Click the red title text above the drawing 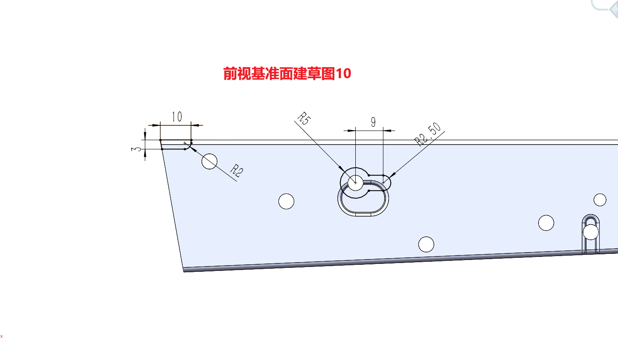pyautogui.click(x=287, y=73)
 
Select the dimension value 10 pyautogui.click(x=177, y=117)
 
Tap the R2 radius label pyautogui.click(x=237, y=171)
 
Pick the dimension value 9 pyautogui.click(x=373, y=122)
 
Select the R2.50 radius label pyautogui.click(x=428, y=134)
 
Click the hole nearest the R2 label pyautogui.click(x=209, y=161)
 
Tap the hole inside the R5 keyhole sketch pyautogui.click(x=355, y=183)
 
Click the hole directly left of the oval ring pyautogui.click(x=286, y=201)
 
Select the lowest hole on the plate pyautogui.click(x=426, y=245)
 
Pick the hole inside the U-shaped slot pyautogui.click(x=590, y=232)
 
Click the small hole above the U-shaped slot pyautogui.click(x=600, y=200)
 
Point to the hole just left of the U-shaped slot pyautogui.click(x=546, y=223)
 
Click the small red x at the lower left pyautogui.click(x=2, y=336)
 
